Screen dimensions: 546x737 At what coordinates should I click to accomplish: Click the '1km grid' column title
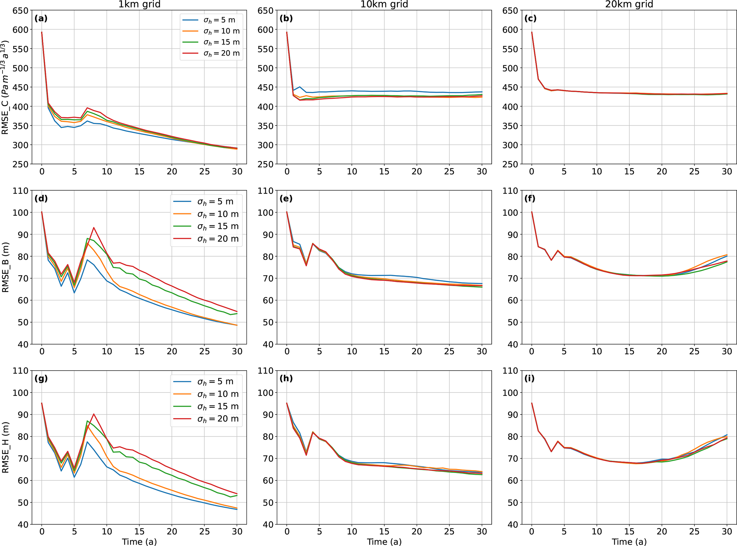[x=139, y=4]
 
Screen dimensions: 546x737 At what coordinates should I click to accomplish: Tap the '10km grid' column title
[x=384, y=4]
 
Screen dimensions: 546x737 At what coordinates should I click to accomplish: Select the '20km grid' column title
[x=629, y=4]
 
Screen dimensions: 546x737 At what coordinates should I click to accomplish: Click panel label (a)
[x=41, y=19]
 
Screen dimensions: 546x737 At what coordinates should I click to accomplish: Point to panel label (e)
[x=286, y=199]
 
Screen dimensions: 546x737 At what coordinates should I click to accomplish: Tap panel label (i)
[x=529, y=378]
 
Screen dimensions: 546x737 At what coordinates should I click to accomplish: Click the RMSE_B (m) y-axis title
[x=5, y=267]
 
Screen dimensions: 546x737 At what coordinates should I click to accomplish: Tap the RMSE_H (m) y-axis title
[x=5, y=447]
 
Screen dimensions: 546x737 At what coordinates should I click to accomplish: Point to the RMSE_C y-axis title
[x=5, y=87]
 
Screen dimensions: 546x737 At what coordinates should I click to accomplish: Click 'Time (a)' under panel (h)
[x=384, y=542]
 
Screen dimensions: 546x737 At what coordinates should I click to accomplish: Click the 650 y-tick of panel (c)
[x=511, y=11]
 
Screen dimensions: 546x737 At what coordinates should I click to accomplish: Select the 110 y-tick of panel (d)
[x=21, y=191]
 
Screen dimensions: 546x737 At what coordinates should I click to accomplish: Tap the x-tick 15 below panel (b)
[x=384, y=171]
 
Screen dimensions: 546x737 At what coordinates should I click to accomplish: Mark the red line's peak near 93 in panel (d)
[x=94, y=227]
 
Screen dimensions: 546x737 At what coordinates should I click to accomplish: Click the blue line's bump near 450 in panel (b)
[x=300, y=87]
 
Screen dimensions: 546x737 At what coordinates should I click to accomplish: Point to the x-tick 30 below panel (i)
[x=727, y=531]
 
